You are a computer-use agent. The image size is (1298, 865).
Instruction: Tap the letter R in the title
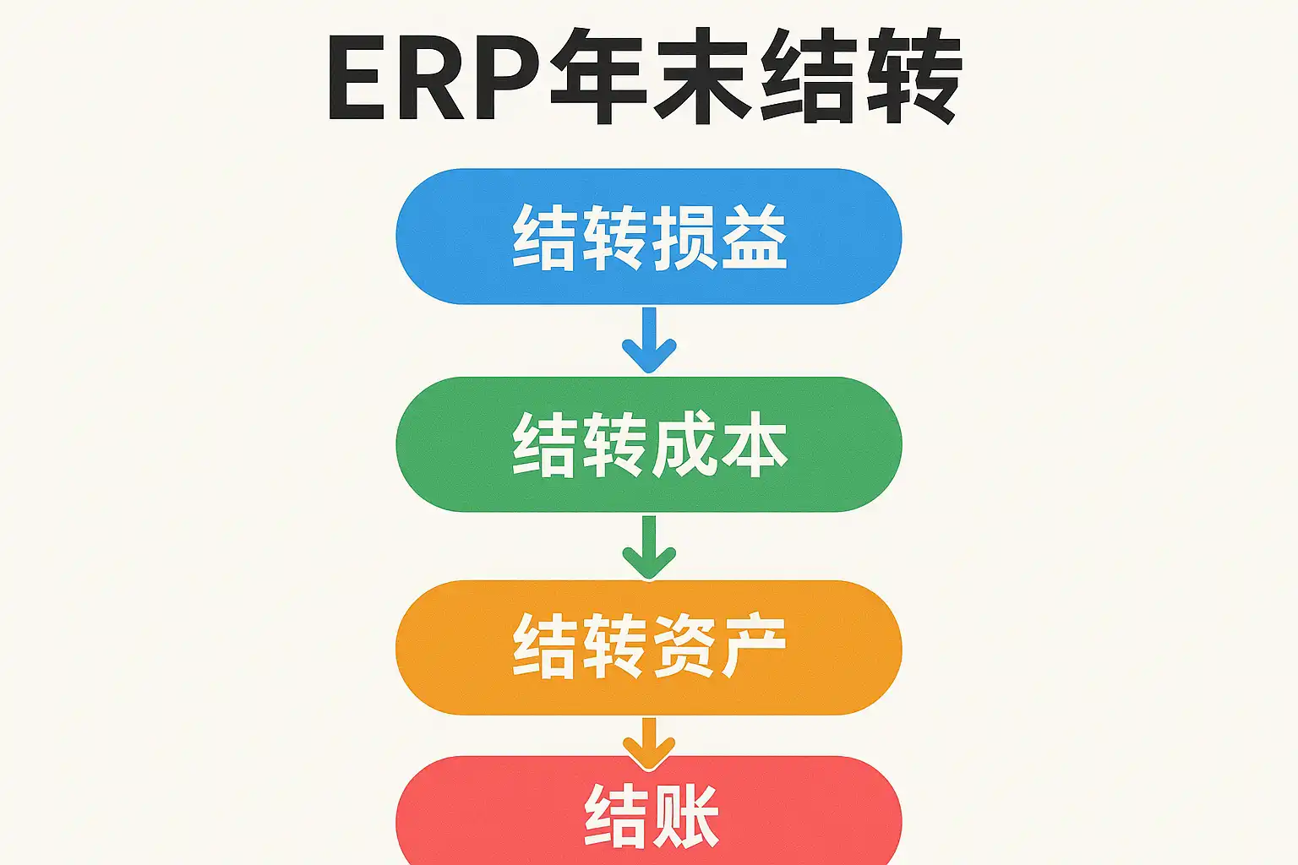click(437, 78)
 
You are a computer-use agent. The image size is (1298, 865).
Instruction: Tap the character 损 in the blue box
click(684, 237)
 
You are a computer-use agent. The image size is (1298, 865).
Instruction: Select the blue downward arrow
click(649, 340)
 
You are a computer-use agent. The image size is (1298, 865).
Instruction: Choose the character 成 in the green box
click(684, 445)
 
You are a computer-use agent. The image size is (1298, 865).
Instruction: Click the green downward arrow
click(649, 547)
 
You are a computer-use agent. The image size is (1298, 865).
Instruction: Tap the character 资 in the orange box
click(684, 647)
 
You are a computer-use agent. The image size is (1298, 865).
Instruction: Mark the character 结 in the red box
click(615, 815)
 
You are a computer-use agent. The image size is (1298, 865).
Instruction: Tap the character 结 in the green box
click(544, 445)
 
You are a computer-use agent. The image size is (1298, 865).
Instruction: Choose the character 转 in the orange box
click(614, 647)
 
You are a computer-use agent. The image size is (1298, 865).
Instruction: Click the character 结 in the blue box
click(544, 237)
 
